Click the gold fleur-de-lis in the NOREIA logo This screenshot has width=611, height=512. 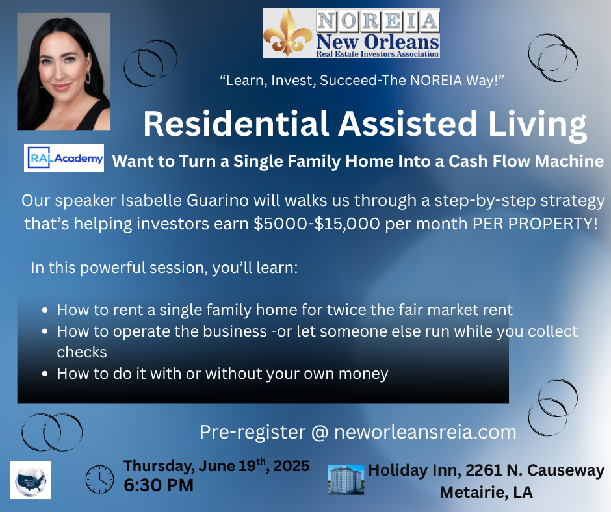[x=287, y=33]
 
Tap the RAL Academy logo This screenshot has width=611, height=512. [x=64, y=157]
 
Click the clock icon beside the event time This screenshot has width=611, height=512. [x=99, y=479]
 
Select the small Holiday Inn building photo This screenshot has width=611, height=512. [x=346, y=480]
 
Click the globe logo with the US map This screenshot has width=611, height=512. [x=31, y=480]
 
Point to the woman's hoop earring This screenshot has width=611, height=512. [x=88, y=77]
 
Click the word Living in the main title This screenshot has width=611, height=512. [x=538, y=124]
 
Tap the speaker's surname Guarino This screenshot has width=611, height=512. [x=218, y=201]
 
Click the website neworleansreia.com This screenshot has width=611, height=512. [x=425, y=432]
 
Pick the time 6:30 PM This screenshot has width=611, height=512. [x=159, y=485]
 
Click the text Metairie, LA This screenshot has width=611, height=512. [x=486, y=492]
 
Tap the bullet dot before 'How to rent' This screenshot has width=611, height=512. [x=45, y=311]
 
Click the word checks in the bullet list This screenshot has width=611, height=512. [x=82, y=352]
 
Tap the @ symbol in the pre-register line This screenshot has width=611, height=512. [x=320, y=433]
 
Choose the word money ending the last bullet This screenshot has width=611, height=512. [x=363, y=374]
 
